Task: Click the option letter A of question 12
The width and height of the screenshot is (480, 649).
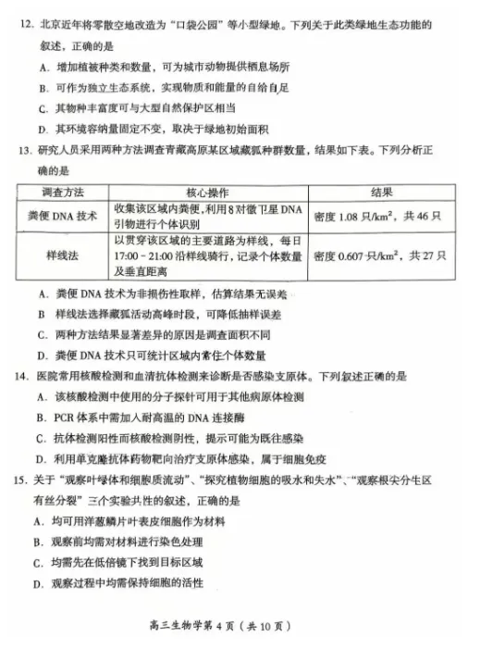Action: [x=43, y=67]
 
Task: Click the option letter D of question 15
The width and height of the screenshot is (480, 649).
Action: [x=43, y=583]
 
